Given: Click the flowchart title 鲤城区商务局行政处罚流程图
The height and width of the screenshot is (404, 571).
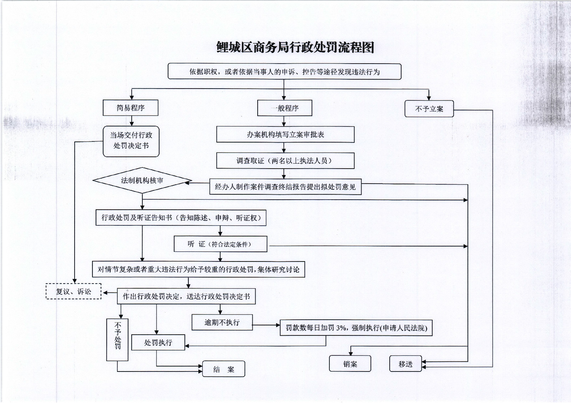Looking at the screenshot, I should [x=295, y=47].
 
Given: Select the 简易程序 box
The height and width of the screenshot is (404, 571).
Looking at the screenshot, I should [x=130, y=108].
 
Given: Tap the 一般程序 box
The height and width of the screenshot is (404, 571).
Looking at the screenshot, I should [x=284, y=108].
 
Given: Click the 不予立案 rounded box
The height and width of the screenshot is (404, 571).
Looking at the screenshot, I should [x=429, y=109].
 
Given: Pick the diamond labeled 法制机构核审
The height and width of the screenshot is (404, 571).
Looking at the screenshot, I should [x=142, y=180].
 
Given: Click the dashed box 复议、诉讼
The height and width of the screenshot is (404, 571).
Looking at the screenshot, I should [x=74, y=291].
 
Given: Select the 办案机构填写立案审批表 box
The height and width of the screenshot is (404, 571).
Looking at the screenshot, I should [x=285, y=135].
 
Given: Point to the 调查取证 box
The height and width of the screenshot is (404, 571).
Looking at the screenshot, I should [x=285, y=161].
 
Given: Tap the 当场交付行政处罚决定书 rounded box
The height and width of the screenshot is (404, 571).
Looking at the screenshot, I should [x=131, y=141].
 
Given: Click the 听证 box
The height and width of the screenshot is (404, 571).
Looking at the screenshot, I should [x=220, y=244].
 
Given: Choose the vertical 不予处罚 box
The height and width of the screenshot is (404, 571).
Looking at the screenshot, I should [x=117, y=339].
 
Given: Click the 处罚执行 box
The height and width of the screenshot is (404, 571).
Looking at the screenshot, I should [x=158, y=343].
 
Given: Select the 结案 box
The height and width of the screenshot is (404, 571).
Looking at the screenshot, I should [x=223, y=369].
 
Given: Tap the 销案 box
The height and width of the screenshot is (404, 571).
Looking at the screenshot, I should [x=350, y=364].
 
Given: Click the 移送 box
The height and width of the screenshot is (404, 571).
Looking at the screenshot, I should [x=405, y=364].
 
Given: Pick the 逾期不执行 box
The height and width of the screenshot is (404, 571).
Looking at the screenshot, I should [x=222, y=323].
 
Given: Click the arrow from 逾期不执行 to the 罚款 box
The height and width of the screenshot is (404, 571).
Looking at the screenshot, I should [x=266, y=325].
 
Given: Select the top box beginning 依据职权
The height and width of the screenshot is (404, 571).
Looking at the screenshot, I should [x=284, y=72].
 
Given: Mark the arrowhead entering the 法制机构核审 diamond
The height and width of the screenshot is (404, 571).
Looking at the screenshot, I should [x=188, y=183].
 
